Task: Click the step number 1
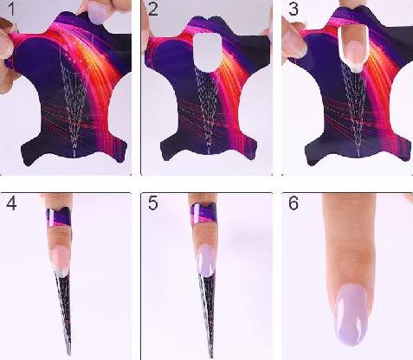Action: tap(11, 10)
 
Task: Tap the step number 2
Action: tap(153, 10)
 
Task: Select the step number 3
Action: tap(294, 10)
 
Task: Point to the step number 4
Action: tap(11, 203)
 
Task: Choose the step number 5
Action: tap(153, 203)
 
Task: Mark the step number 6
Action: tap(294, 203)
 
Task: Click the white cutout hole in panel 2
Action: tap(208, 53)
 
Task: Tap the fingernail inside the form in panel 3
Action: tap(353, 54)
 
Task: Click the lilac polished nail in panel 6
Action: tap(352, 314)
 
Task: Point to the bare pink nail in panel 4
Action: tap(61, 260)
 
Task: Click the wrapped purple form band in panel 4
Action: tap(59, 217)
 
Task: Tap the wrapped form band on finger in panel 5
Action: tap(203, 214)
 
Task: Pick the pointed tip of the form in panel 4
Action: tap(69, 355)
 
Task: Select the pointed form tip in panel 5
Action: tap(212, 357)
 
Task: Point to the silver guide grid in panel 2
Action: tap(205, 111)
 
